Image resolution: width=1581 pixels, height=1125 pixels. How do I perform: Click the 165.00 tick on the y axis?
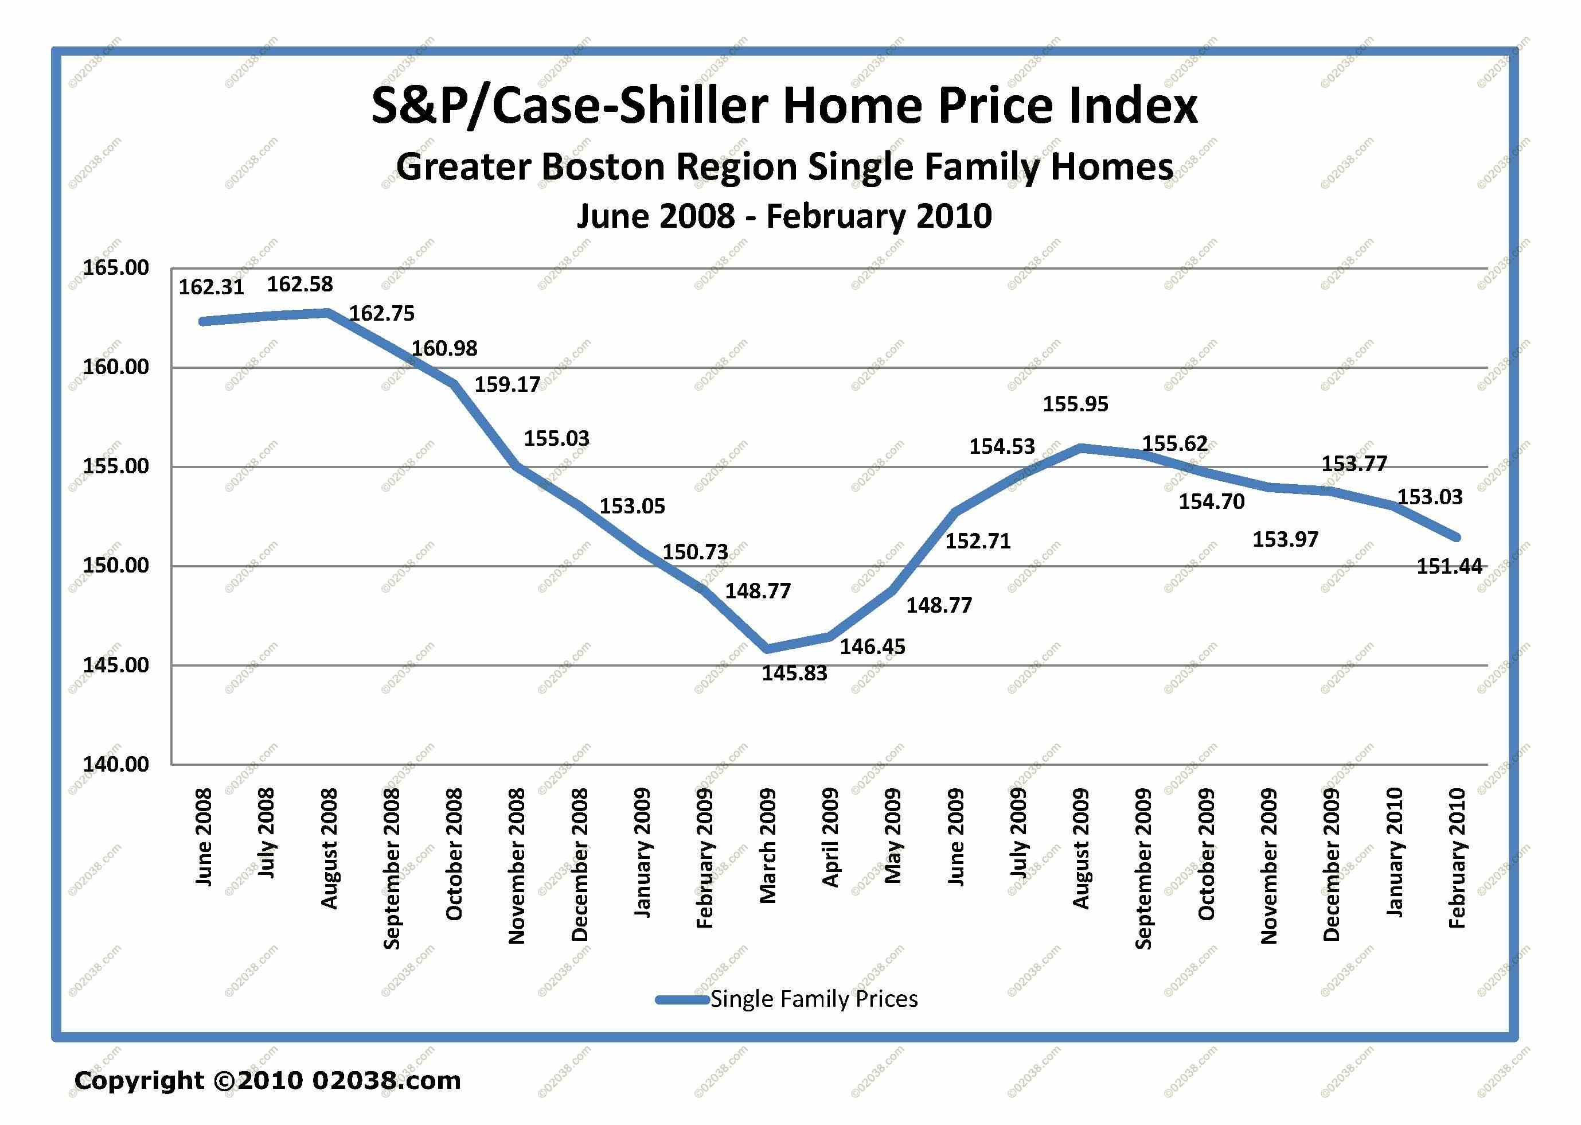click(116, 268)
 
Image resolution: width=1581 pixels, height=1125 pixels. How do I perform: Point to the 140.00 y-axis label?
click(116, 764)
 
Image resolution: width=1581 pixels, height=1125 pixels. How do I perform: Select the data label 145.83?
click(794, 674)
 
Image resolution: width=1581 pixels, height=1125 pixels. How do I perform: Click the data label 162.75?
click(381, 314)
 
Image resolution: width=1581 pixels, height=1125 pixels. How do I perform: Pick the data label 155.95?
click(1075, 404)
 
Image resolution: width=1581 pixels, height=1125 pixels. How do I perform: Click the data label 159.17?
click(507, 384)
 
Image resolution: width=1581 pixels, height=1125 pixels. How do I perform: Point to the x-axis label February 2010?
click(1457, 858)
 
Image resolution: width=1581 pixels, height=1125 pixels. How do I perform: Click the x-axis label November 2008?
click(517, 866)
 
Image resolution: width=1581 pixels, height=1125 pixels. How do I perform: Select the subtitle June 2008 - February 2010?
click(784, 216)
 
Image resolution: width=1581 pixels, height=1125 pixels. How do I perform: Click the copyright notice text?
click(267, 1081)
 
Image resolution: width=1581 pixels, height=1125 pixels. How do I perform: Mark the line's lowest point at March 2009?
click(767, 648)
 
